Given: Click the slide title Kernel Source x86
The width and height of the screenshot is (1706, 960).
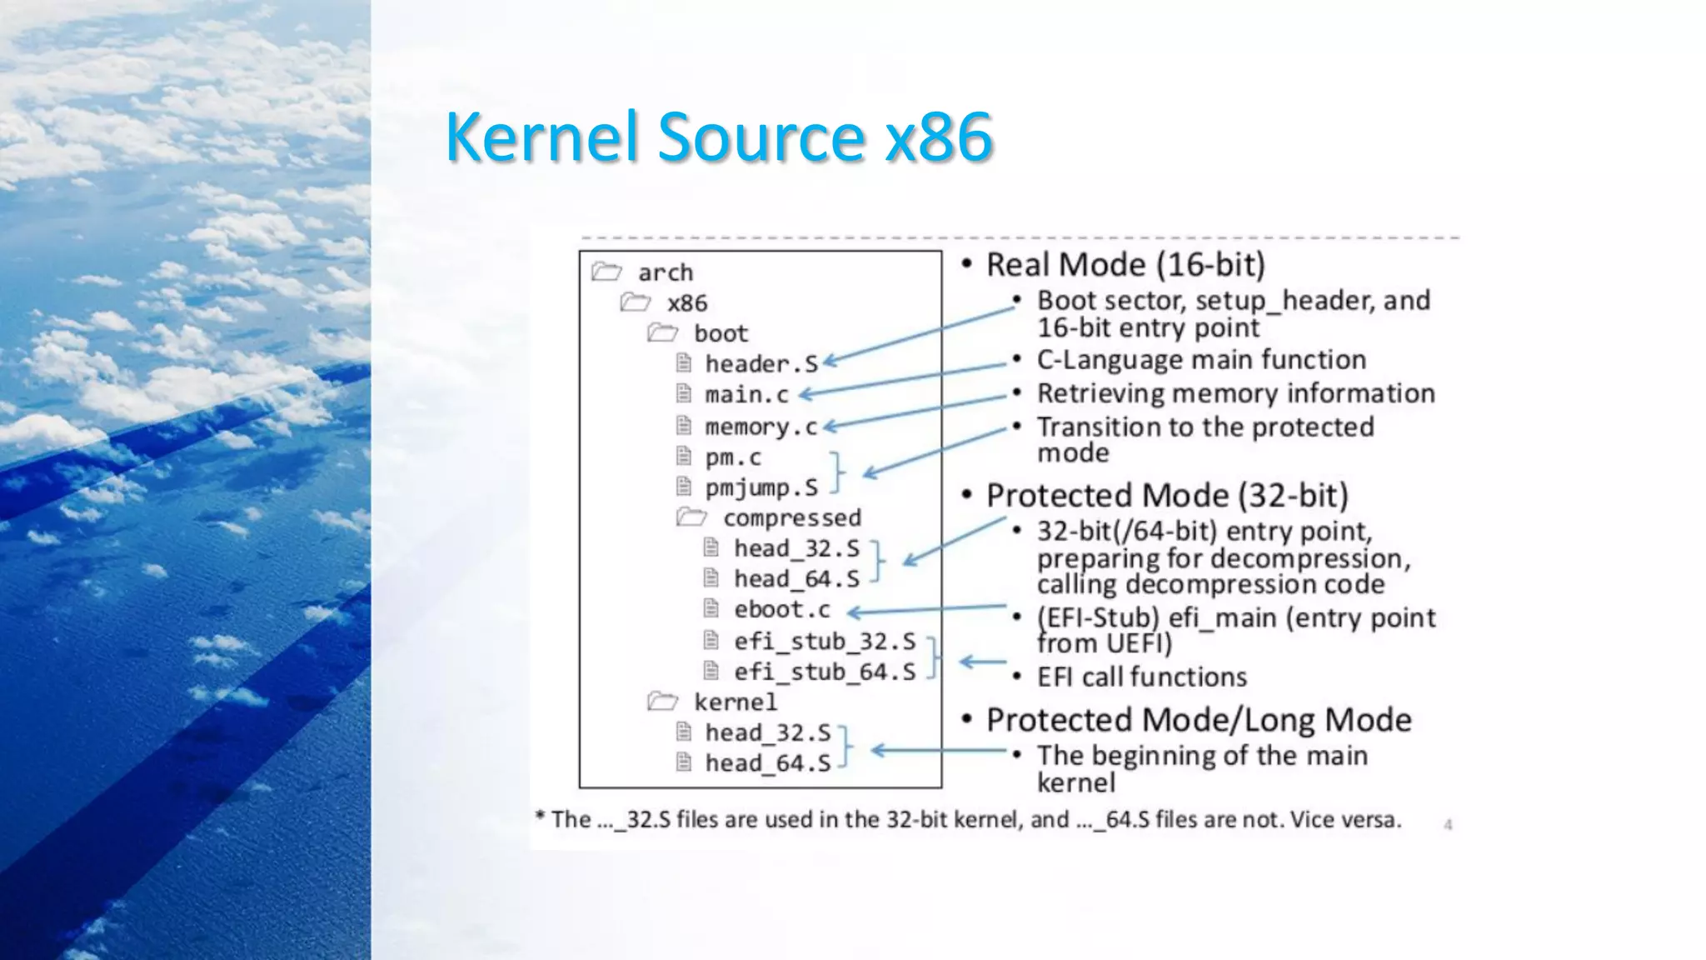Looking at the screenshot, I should [719, 137].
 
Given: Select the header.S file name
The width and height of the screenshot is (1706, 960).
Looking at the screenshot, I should [761, 364].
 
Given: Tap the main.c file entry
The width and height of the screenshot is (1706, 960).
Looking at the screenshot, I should [746, 395].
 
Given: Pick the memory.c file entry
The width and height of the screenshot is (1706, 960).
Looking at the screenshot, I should [761, 427].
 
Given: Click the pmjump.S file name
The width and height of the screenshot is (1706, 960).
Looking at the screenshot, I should [761, 487].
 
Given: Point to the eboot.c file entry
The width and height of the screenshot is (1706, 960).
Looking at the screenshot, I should [781, 610].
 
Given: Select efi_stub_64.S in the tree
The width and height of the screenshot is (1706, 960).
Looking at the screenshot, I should [824, 672].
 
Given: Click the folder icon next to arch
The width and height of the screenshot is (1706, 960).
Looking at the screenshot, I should [606, 272].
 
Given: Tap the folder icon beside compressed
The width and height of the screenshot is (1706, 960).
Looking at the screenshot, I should [691, 517].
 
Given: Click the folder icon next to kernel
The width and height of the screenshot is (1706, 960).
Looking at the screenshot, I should [662, 702].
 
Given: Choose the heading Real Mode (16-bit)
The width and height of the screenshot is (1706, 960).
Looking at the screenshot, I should [1125, 265].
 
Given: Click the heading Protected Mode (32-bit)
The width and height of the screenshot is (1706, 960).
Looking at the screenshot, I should [1166, 496].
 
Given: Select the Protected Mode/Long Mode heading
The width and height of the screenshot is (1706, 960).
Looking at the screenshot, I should [1199, 720].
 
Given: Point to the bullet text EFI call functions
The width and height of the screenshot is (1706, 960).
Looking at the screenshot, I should [1141, 677].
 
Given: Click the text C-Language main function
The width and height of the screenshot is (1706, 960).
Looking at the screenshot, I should [1201, 360].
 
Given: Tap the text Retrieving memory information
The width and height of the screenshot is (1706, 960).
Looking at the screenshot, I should [1235, 393].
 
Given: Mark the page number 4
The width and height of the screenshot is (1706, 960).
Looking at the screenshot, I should [1448, 825].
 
